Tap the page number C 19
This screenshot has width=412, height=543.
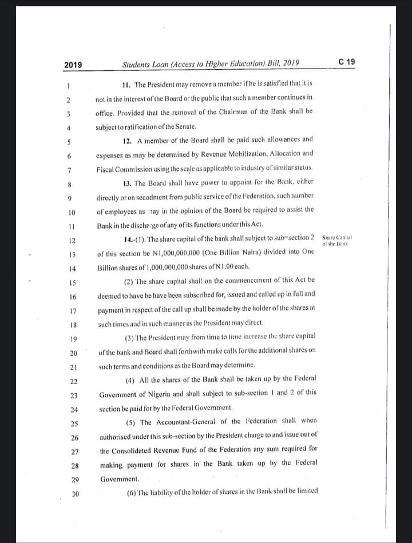click(347, 62)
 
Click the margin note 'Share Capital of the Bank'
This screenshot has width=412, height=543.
click(338, 240)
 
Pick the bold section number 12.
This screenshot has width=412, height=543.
click(128, 139)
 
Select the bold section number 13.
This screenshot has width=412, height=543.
click(128, 182)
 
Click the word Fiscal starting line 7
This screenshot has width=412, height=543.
click(105, 169)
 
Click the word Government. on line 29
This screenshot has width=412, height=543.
click(118, 479)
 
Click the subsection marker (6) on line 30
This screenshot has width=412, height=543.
click(130, 492)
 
